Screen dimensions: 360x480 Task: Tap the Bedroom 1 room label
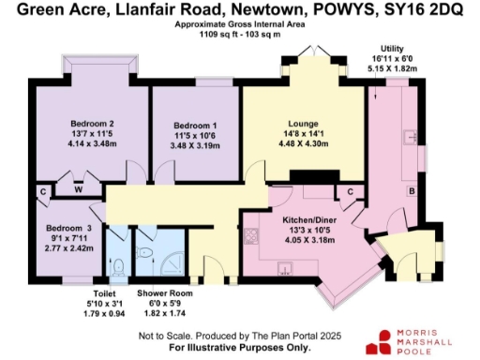[196, 126]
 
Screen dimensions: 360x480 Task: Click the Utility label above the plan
[392, 48]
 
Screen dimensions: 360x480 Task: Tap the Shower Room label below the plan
[164, 292]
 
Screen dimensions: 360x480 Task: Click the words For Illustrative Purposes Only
[242, 347]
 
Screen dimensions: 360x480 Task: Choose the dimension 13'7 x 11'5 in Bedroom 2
[92, 134]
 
